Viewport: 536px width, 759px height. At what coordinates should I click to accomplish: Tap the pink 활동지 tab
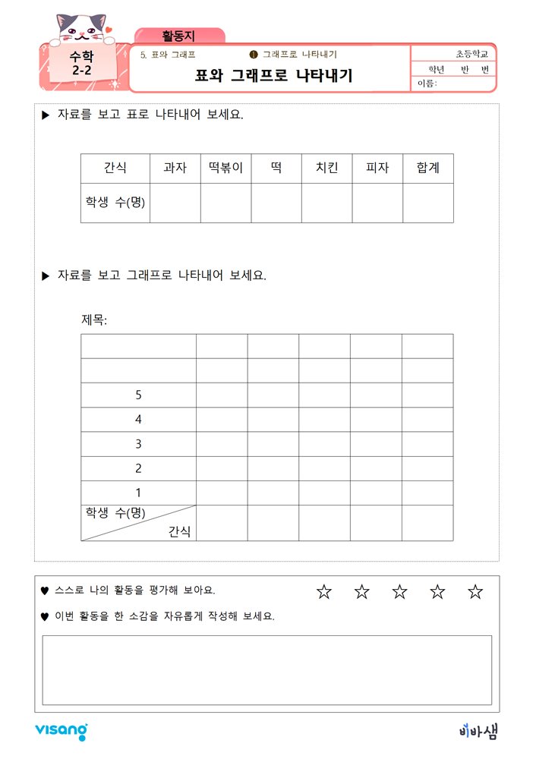179,36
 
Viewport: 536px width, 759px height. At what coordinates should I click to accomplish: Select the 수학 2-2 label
83,63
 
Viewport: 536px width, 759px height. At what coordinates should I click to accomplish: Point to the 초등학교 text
471,54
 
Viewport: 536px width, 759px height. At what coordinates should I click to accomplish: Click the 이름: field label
427,83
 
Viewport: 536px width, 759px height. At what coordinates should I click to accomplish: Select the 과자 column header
175,168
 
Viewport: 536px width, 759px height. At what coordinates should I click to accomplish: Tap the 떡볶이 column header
225,168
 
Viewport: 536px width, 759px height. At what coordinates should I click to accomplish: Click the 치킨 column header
326,168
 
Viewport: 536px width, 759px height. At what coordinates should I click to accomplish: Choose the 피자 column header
377,168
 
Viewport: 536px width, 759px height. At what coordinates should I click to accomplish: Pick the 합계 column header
428,168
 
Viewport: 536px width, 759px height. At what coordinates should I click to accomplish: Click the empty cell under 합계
428,203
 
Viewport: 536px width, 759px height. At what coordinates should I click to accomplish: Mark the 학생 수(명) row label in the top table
115,203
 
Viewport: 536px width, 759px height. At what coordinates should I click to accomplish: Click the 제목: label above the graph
95,320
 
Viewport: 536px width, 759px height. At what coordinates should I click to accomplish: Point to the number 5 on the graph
138,395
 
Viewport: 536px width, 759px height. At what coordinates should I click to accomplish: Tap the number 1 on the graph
138,493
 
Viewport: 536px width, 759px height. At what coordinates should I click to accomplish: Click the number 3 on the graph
138,444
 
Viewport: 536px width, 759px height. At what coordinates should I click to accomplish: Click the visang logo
61,732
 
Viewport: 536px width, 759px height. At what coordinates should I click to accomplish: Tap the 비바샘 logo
479,731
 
